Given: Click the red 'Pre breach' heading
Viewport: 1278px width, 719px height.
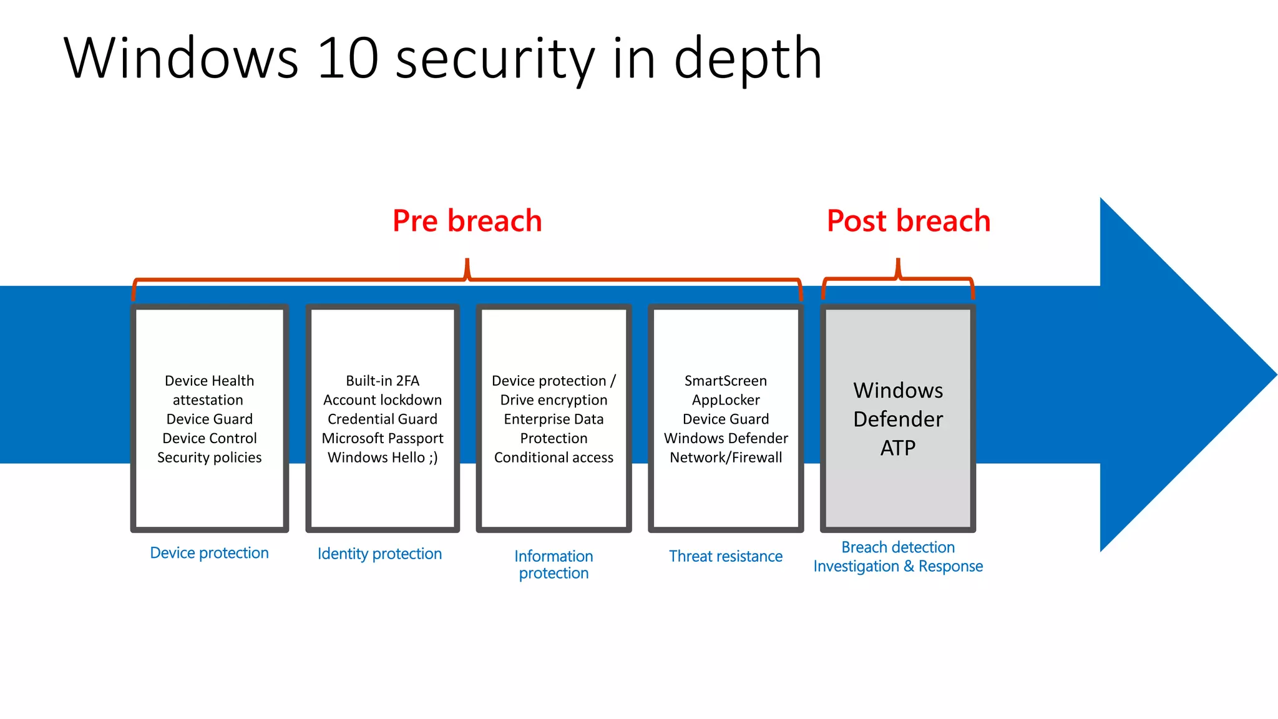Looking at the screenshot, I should tap(467, 221).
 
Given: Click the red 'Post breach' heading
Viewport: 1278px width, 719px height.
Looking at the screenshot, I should tap(908, 221).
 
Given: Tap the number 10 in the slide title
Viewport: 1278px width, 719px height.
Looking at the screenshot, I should tap(348, 59).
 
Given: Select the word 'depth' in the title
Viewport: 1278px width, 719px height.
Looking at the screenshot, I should tap(748, 59).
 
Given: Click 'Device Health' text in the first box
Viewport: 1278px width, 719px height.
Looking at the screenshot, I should tap(209, 381).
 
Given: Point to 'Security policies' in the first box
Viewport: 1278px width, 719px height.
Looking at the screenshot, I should tap(209, 457).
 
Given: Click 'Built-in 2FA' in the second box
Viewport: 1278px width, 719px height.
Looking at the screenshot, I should tap(383, 381).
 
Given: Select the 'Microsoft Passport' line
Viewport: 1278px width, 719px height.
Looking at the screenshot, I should tap(383, 438).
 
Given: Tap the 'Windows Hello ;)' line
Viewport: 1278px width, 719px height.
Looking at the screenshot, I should tap(383, 457).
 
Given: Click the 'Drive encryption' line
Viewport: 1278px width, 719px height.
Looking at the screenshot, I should tap(554, 400).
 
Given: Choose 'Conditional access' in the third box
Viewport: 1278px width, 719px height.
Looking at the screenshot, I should tap(554, 457).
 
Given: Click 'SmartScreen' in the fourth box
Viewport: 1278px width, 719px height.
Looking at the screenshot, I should tap(725, 381).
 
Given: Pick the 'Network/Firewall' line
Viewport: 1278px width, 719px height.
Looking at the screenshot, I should tap(725, 457).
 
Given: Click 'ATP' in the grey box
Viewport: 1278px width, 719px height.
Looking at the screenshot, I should tap(897, 448).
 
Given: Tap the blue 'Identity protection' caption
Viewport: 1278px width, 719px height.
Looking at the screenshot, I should tap(379, 554).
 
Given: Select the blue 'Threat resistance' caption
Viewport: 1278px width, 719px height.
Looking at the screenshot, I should tap(725, 556).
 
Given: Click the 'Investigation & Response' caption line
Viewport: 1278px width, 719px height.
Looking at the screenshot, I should tap(897, 566).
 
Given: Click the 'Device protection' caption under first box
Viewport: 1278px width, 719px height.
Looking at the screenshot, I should tap(209, 553).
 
